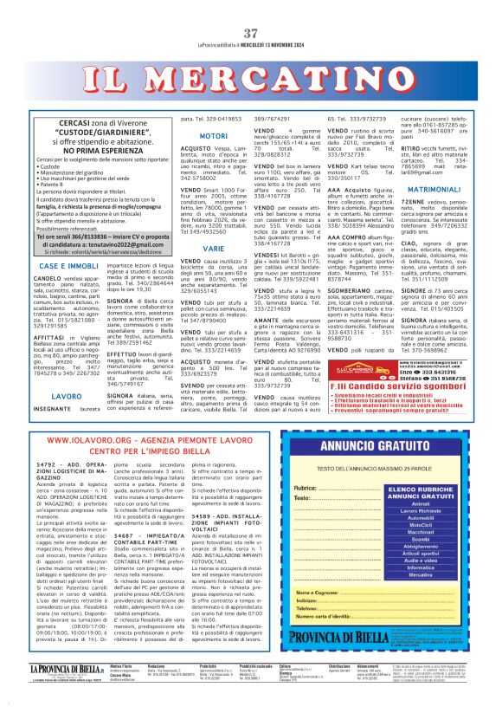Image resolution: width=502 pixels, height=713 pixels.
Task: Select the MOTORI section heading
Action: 213,137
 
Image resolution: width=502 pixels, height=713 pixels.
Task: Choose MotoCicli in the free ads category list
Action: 420,524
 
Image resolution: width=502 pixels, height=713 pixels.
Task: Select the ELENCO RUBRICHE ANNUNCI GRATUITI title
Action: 420,490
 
